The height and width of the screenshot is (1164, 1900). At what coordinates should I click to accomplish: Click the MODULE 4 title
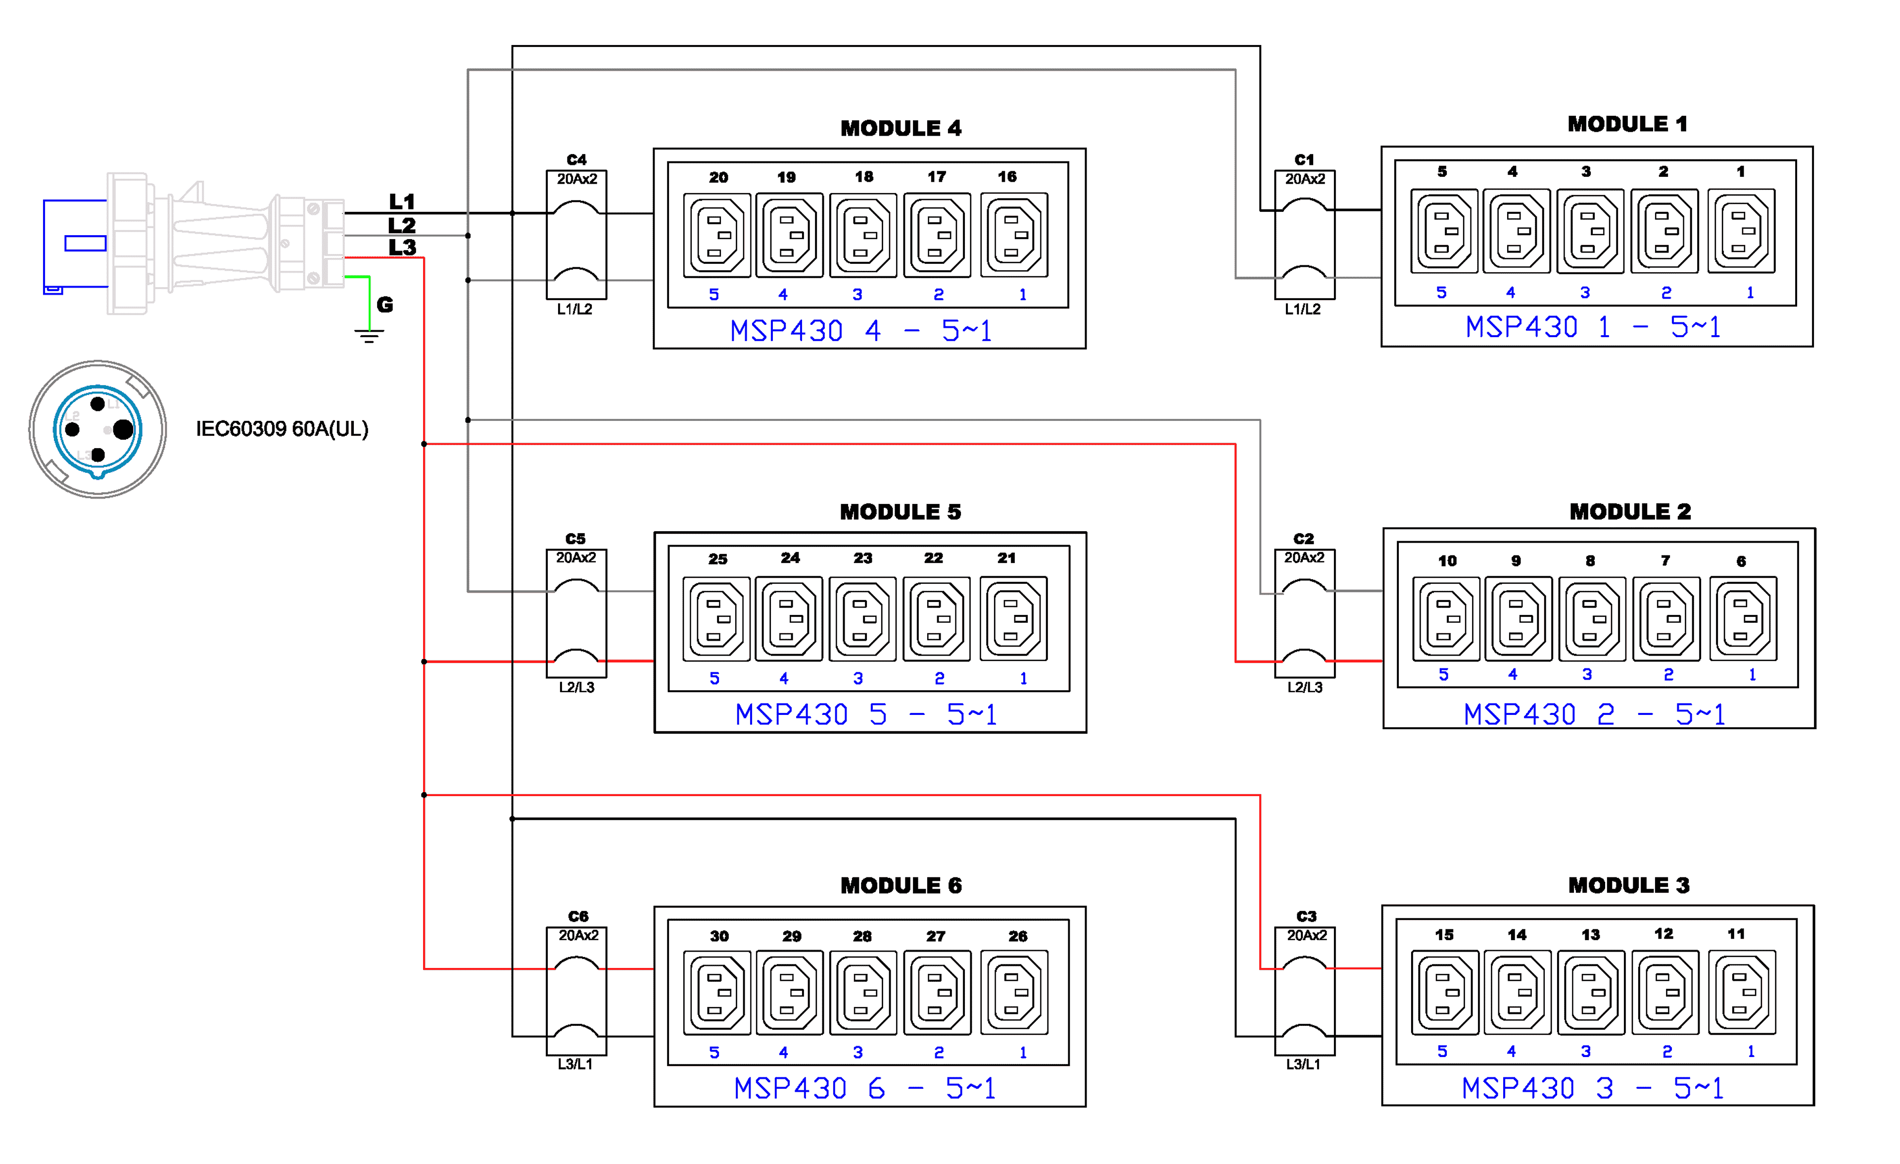(x=900, y=128)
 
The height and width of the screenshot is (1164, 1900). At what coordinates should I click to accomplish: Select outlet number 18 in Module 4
(x=863, y=235)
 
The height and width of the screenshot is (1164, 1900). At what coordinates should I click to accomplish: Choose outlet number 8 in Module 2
(x=1590, y=619)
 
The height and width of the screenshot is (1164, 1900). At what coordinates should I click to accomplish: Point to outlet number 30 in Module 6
(x=716, y=992)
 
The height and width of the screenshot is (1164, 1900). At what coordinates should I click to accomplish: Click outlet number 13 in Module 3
(x=1590, y=992)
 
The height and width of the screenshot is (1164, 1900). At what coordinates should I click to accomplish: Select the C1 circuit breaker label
(x=1304, y=160)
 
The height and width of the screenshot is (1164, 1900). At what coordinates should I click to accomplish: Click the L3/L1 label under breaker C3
(x=1303, y=1064)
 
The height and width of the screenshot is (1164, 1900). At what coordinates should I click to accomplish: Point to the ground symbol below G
(x=369, y=336)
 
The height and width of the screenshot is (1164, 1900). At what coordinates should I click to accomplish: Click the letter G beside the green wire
(x=385, y=304)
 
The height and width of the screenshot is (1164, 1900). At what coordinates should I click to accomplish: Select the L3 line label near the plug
(x=402, y=248)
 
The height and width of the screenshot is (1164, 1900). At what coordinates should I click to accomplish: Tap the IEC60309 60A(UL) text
(x=282, y=429)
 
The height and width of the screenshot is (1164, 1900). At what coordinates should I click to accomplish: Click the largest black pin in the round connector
(x=123, y=430)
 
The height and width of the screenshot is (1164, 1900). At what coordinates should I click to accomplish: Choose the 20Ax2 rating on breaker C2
(x=1304, y=557)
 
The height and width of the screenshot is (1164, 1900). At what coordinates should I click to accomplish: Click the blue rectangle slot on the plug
(x=85, y=243)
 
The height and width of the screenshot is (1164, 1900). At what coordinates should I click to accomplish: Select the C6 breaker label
(x=577, y=916)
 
